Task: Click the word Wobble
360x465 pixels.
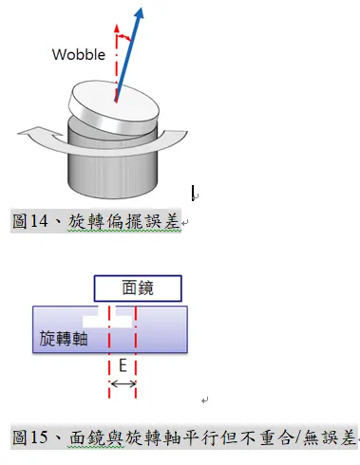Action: [x=78, y=54]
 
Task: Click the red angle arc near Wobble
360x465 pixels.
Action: [x=123, y=39]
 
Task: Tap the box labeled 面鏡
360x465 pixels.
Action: [x=139, y=288]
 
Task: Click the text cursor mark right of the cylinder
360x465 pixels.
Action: [x=195, y=194]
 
